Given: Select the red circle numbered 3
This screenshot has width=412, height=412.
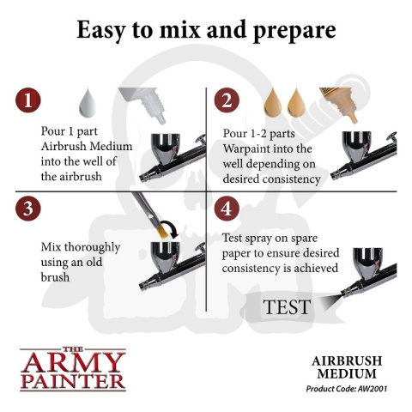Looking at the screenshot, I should coord(32,208).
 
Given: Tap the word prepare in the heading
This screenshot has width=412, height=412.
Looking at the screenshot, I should coord(294,32).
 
